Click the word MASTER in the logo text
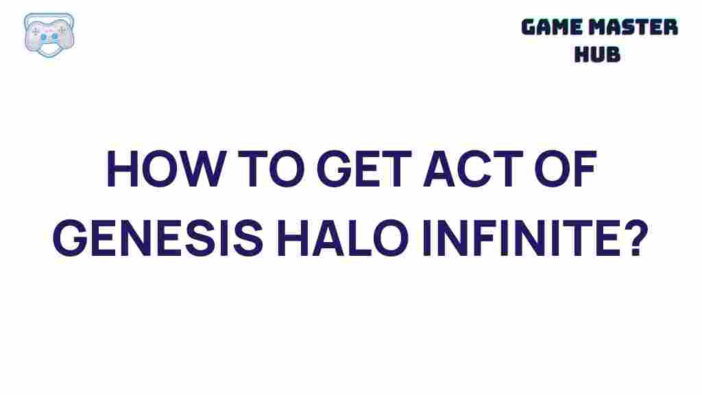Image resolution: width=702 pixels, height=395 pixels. click(637, 27)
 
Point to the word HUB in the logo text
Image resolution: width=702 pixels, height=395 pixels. click(597, 53)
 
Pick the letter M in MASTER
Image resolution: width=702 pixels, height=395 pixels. click(606, 27)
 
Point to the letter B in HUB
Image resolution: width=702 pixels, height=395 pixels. click(613, 53)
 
